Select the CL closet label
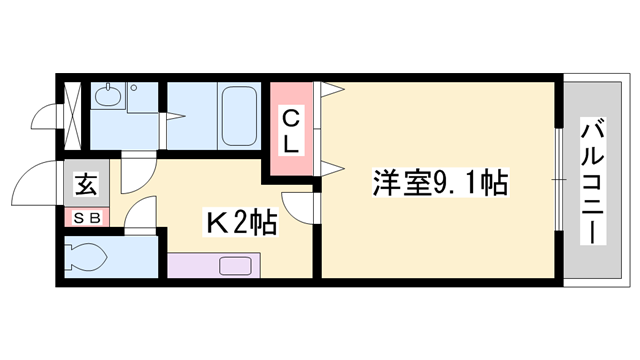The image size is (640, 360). pyautogui.click(x=290, y=131)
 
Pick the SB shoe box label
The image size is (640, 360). pyautogui.click(x=84, y=216)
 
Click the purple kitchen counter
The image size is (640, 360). pyautogui.click(x=214, y=266)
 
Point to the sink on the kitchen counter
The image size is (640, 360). pyautogui.click(x=236, y=266)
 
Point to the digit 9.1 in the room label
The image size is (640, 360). pyautogui.click(x=457, y=183)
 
